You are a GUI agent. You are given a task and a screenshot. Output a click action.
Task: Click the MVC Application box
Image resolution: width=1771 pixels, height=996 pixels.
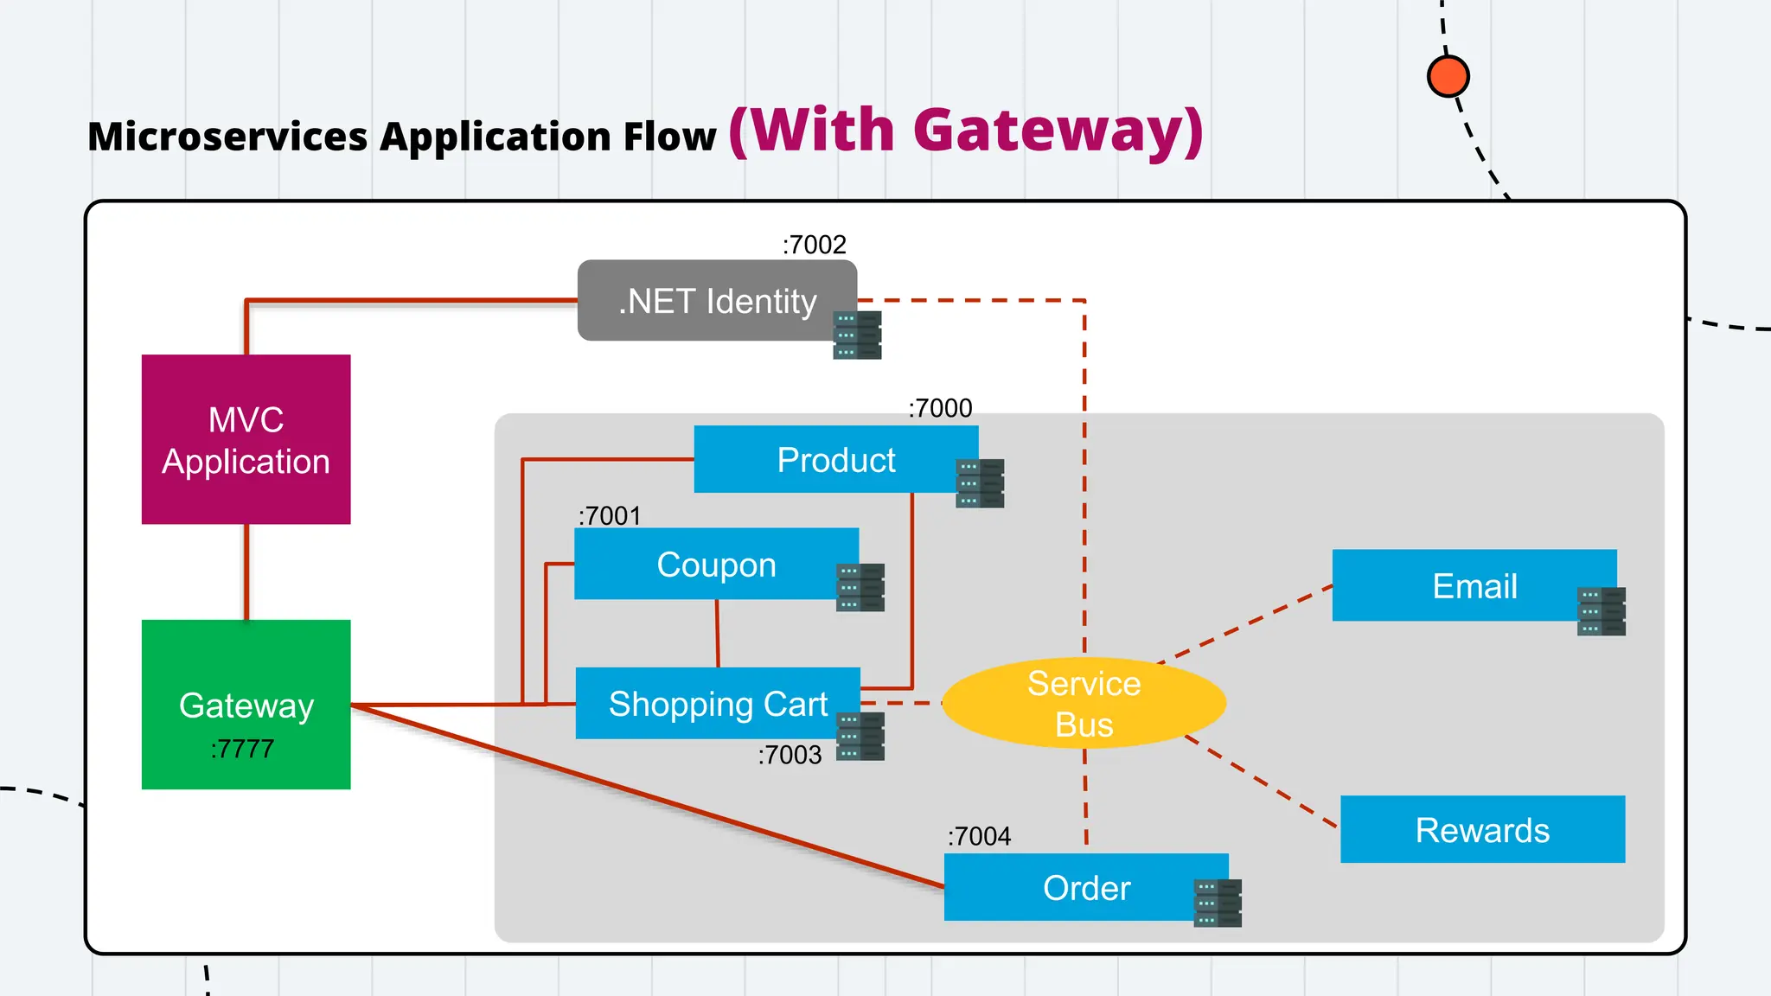coord(246,439)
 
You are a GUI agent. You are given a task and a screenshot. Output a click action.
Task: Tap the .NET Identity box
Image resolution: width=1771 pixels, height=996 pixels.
coord(716,301)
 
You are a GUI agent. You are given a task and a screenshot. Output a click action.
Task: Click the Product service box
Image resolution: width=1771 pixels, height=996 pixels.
coord(834,460)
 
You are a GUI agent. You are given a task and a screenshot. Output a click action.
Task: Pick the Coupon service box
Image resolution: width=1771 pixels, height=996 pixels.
coord(715,565)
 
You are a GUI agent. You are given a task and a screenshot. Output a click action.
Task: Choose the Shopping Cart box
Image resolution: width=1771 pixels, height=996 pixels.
coord(717,704)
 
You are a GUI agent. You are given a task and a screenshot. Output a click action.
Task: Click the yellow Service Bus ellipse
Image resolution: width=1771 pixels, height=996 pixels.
coord(1084,704)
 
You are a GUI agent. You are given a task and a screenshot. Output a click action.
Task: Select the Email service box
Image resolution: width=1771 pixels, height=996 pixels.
coord(1474,585)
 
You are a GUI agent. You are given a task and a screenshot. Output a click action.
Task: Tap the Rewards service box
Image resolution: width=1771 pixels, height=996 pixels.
coord(1482,830)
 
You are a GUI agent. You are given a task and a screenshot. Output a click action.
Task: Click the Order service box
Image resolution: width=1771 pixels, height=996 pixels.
coord(1085,888)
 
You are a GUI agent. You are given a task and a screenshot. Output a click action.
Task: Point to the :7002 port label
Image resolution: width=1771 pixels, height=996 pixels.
coord(814,245)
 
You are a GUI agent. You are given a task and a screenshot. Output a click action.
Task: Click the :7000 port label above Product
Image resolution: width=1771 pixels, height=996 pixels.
coord(940,408)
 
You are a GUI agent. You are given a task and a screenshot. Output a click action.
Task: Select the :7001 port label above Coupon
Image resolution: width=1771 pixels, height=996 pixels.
coord(610,516)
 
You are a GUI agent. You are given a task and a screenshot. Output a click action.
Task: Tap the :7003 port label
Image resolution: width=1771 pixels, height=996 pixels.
coord(790,755)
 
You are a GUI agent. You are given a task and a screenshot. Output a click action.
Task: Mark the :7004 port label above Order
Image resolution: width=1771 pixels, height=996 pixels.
coord(979,836)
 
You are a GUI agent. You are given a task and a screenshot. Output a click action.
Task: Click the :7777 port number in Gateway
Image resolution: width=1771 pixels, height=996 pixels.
coord(242,749)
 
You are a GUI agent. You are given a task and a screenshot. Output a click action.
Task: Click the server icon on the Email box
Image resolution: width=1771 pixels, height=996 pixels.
coord(1601,611)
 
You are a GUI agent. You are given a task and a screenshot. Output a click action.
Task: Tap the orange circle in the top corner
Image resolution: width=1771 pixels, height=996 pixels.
coord(1448,76)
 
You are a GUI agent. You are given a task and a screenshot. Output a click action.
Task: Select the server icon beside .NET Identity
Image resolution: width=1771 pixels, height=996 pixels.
coord(857,335)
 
